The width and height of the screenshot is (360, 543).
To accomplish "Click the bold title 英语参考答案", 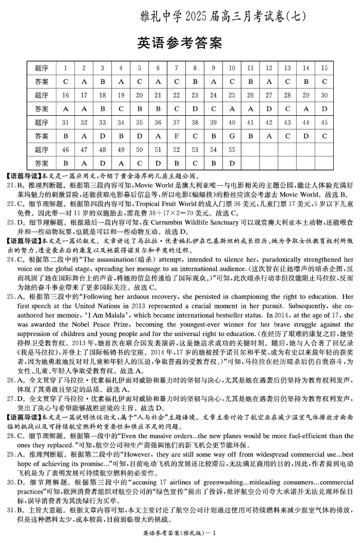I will pos(180,43).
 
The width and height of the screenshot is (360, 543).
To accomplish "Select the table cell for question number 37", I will pos(176,122).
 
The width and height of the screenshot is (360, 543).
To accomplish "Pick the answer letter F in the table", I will pos(176,136).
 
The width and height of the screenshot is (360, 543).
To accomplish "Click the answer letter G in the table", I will pos(232,136).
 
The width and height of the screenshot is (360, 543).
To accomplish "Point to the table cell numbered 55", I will pos(232,150).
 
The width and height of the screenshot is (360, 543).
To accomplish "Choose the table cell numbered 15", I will pos(324,68).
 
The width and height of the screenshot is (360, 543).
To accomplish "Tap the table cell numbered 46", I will pos(65,150).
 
